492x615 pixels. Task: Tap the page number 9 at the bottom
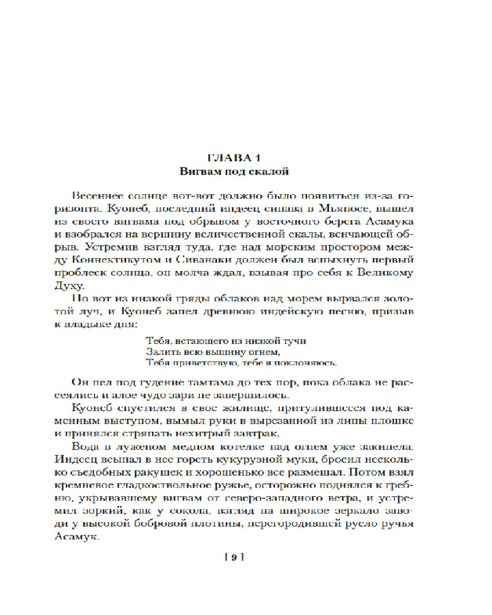tap(234, 557)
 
